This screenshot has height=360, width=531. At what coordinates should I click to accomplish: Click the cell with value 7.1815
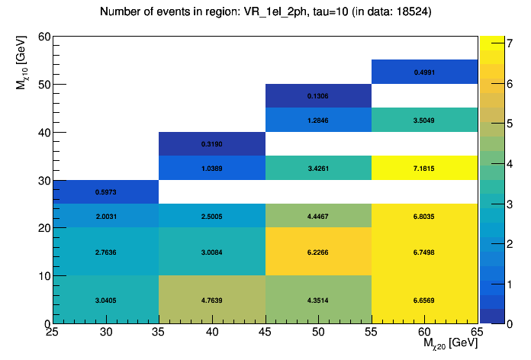pyautogui.click(x=425, y=168)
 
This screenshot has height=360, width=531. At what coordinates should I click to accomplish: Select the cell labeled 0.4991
pyautogui.click(x=425, y=72)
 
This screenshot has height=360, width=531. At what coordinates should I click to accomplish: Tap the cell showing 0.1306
pyautogui.click(x=318, y=96)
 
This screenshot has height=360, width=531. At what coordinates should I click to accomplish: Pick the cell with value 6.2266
pyautogui.click(x=318, y=251)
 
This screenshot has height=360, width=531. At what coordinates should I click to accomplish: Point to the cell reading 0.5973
pyautogui.click(x=106, y=191)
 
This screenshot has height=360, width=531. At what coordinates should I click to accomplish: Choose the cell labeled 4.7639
pyautogui.click(x=212, y=300)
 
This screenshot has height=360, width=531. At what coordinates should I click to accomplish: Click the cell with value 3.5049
pyautogui.click(x=425, y=120)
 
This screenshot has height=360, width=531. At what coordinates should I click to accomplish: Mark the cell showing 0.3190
pyautogui.click(x=212, y=144)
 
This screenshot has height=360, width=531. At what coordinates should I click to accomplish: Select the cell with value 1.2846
pyautogui.click(x=318, y=120)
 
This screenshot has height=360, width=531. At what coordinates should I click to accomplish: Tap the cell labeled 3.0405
pyautogui.click(x=106, y=300)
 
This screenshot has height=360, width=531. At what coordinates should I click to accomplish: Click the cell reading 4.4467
pyautogui.click(x=318, y=216)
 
